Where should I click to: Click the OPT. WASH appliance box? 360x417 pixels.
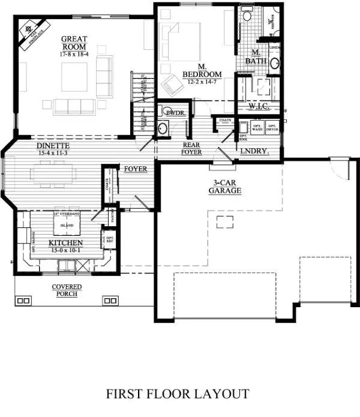click(257, 128)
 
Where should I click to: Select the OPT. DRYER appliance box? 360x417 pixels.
click(272, 128)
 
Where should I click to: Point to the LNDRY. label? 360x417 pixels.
click(254, 152)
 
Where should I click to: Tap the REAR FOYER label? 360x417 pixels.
click(193, 149)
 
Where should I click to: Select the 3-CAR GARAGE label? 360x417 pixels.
click(225, 187)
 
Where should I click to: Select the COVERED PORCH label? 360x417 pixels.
click(67, 290)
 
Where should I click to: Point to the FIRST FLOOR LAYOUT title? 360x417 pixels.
click(178, 394)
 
